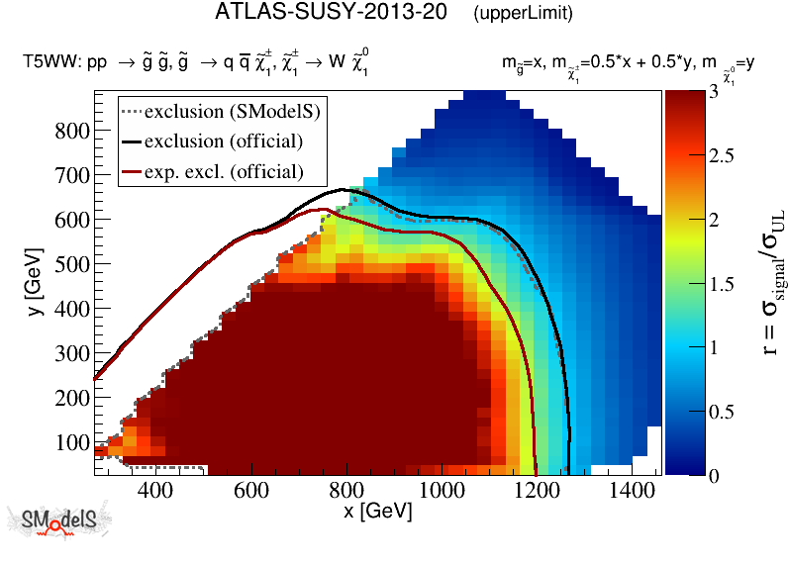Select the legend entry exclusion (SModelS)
point(237,109)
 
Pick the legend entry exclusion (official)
point(237,141)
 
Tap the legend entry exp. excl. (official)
point(237,172)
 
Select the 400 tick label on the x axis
point(153,490)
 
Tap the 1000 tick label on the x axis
point(441,490)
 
